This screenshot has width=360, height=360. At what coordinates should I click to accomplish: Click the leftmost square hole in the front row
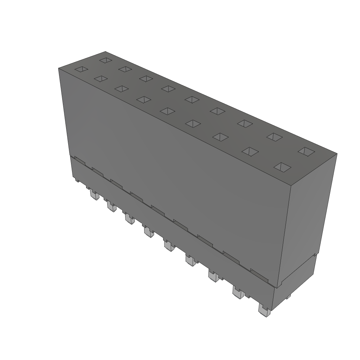[x=81, y=69]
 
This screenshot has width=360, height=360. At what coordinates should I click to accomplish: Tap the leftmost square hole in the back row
[x=105, y=60]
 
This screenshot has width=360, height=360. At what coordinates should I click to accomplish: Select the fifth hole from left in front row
[x=167, y=111]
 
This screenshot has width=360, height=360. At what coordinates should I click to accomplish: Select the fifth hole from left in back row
[x=192, y=99]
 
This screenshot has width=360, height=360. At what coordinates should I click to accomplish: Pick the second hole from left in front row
[x=101, y=79]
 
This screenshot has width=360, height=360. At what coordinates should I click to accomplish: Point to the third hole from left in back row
[x=146, y=78]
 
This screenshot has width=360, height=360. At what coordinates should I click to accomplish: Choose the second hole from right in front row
[x=250, y=151]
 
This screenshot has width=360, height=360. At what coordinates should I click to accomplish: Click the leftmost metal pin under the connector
[x=94, y=194]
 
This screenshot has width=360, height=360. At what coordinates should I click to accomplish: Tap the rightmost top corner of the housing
[x=337, y=154]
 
